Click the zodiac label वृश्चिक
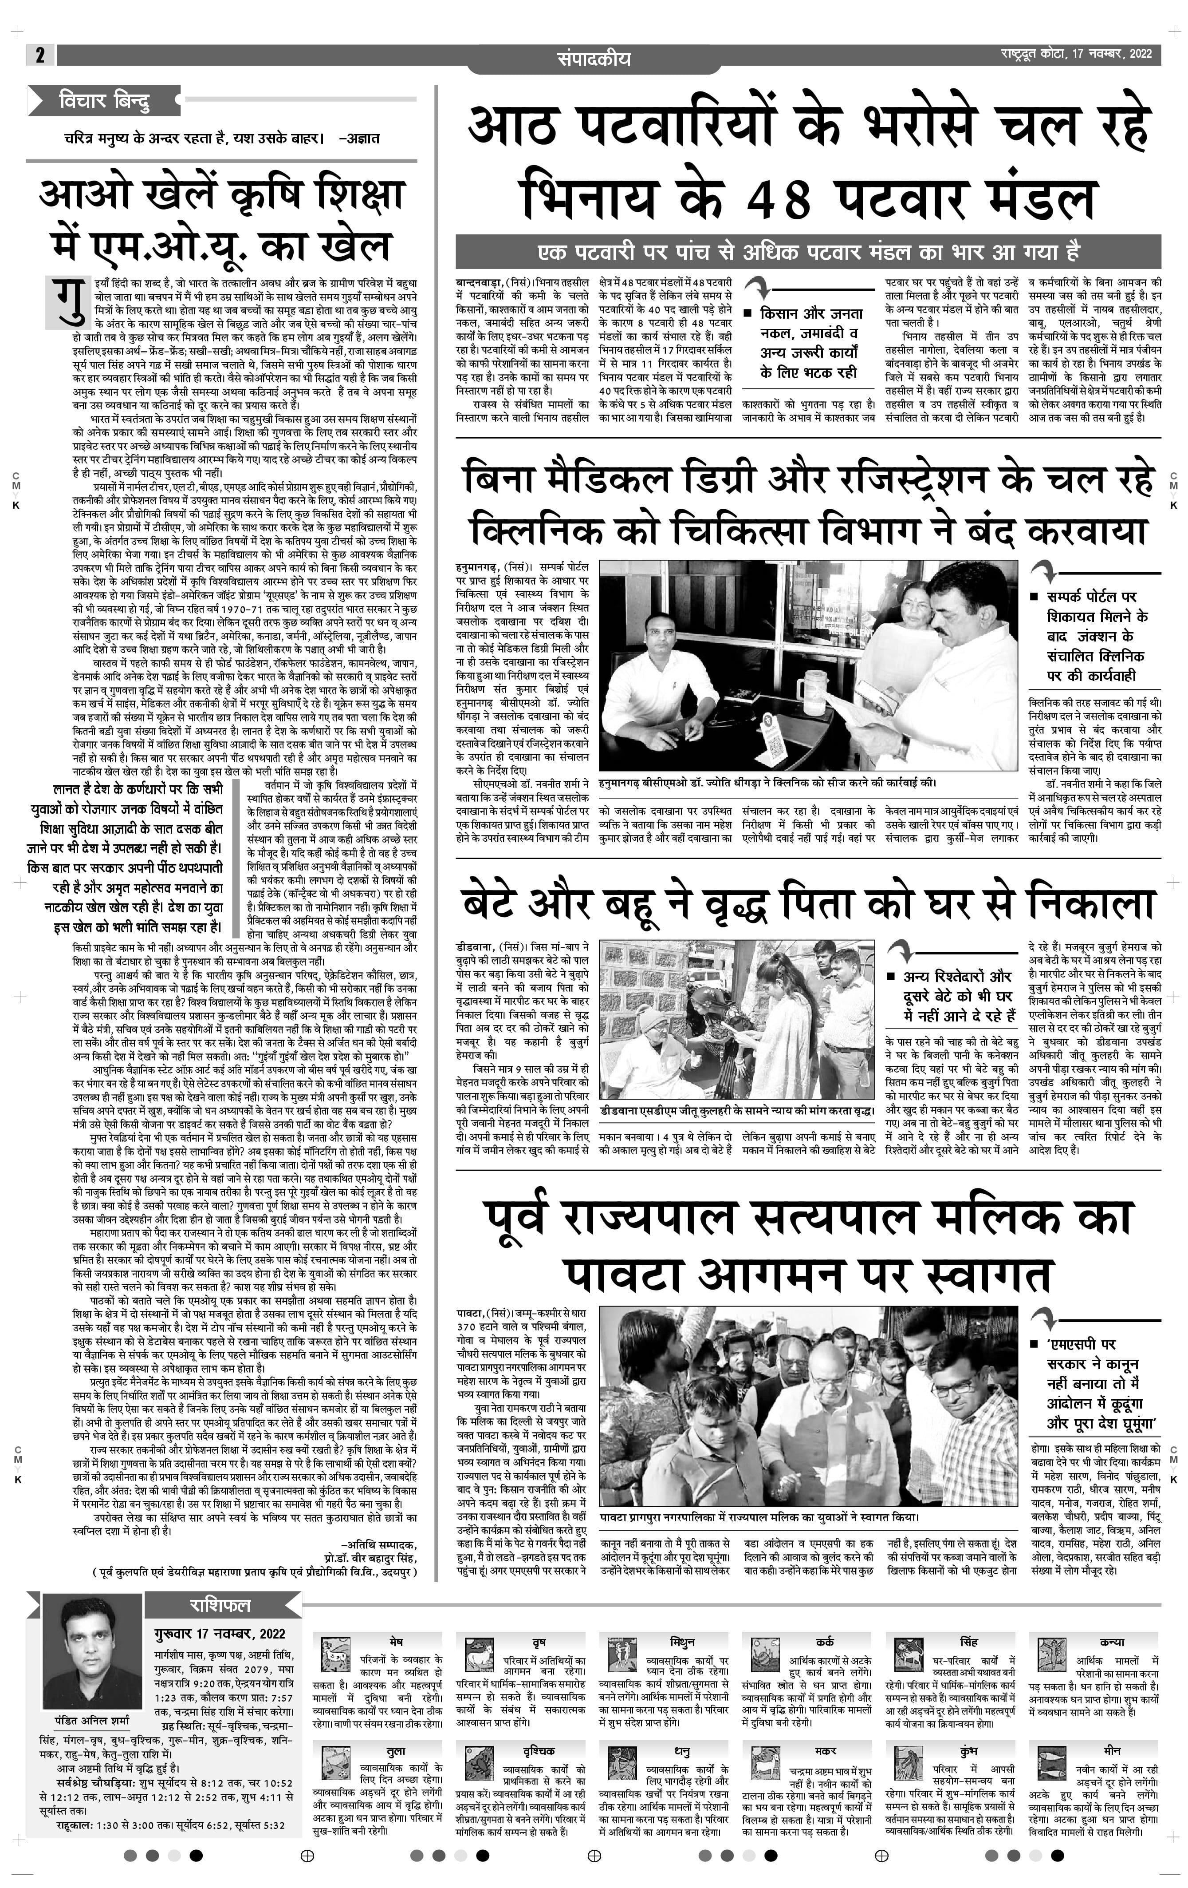539,1750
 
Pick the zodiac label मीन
1111,1750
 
